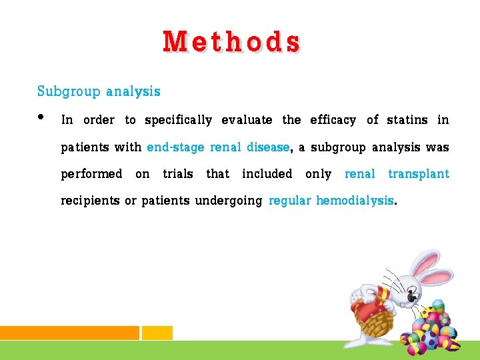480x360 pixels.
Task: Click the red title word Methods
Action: tap(231, 42)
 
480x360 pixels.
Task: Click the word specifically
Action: tap(178, 121)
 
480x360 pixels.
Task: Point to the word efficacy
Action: tap(333, 120)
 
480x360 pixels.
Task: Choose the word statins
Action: tap(407, 120)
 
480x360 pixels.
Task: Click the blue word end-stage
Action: tap(175, 147)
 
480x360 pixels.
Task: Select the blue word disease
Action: tap(268, 147)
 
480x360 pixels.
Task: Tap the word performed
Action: tap(91, 175)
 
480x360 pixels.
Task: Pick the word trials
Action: tap(178, 174)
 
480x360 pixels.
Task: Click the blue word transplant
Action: tap(419, 174)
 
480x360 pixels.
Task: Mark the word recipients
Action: tap(90, 201)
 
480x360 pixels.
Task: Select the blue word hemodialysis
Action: tap(355, 201)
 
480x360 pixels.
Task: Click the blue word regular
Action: tap(289, 201)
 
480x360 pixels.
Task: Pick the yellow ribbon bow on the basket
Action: tap(383, 294)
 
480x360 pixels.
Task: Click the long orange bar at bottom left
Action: tap(69, 333)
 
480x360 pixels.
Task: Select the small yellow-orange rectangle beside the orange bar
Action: tap(157, 333)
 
